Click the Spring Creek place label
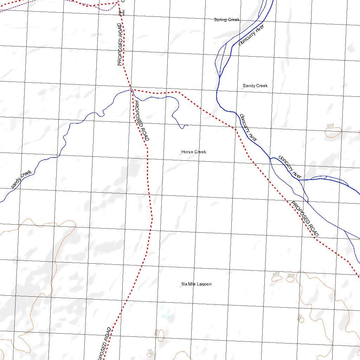pyautogui.click(x=227, y=20)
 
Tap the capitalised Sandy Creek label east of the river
pyautogui.click(x=255, y=86)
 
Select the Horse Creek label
pyautogui.click(x=194, y=152)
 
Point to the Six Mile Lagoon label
pyautogui.click(x=197, y=284)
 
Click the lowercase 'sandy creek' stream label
pyautogui.click(x=21, y=179)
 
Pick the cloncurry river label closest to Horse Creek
pyautogui.click(x=249, y=127)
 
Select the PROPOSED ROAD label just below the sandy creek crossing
pyautogui.click(x=142, y=121)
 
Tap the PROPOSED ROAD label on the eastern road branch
pyautogui.click(x=305, y=219)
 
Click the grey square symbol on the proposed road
pyautogui.click(x=122, y=13)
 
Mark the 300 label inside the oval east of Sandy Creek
pyautogui.click(x=330, y=126)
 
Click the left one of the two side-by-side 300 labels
pyautogui.click(x=276, y=274)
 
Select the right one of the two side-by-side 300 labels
pyautogui.click(x=290, y=275)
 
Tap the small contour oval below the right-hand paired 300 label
pyautogui.click(x=290, y=280)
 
